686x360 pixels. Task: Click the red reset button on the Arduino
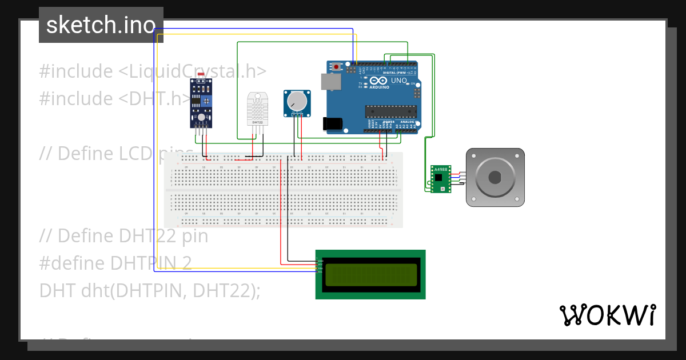[x=336, y=67]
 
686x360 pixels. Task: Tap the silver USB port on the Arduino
[x=331, y=82]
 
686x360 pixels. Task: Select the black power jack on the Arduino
[x=332, y=123]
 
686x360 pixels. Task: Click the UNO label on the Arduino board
[x=399, y=81]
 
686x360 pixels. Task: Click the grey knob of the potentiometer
[x=297, y=102]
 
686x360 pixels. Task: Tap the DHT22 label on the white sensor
[x=257, y=122]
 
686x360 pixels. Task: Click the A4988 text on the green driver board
[x=440, y=170]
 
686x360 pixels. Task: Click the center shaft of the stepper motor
[x=495, y=177]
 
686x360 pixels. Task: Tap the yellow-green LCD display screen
[x=371, y=274]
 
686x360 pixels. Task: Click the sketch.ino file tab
[x=101, y=25]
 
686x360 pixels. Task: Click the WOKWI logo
[x=608, y=315]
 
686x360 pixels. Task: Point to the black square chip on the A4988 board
[x=438, y=178]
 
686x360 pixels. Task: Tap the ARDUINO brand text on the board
[x=379, y=87]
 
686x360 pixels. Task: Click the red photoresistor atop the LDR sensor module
[x=200, y=75]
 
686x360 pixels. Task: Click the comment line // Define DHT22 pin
[x=123, y=235]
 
